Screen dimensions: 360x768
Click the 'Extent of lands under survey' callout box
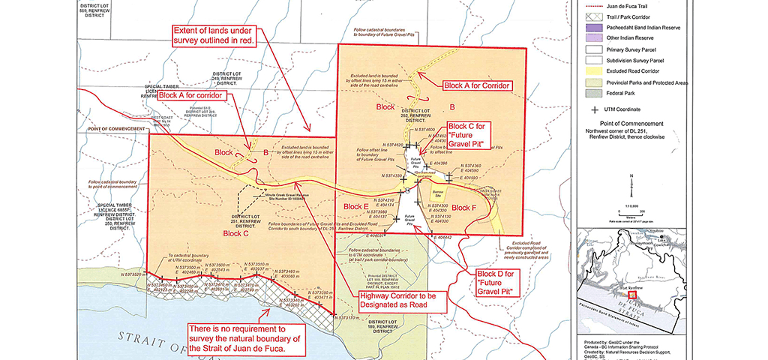(215, 35)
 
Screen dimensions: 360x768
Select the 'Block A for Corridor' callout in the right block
(477, 85)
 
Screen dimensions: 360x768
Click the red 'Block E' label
(355, 206)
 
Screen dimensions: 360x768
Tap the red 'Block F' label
(464, 208)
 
